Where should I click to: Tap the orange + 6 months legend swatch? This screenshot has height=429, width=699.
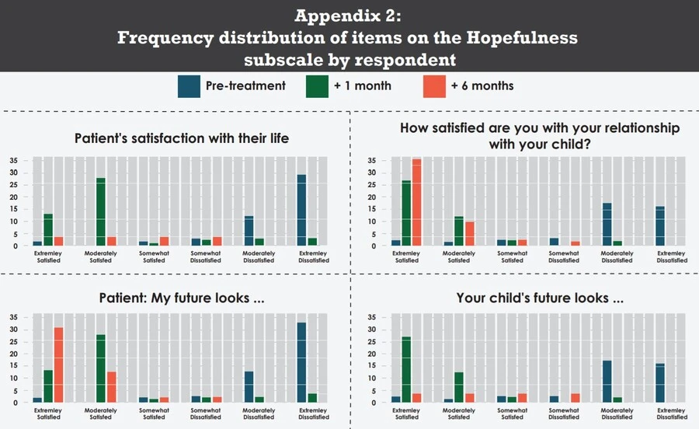click(x=433, y=86)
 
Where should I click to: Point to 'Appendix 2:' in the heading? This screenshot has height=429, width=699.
click(x=349, y=16)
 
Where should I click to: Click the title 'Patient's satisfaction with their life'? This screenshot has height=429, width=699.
click(x=182, y=138)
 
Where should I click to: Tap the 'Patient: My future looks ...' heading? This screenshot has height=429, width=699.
click(x=182, y=298)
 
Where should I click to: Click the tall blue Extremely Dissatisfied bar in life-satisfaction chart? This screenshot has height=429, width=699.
click(x=301, y=211)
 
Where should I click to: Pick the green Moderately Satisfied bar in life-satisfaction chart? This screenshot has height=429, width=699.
click(x=101, y=212)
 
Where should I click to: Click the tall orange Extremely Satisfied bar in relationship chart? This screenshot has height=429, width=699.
click(x=416, y=203)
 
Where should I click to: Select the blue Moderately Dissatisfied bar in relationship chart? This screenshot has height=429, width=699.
click(x=607, y=225)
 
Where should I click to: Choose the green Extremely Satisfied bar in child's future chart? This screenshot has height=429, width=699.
click(x=405, y=370)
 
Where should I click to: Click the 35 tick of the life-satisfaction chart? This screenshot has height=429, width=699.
click(x=14, y=161)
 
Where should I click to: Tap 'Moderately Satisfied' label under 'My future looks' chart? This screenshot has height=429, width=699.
click(x=101, y=414)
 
